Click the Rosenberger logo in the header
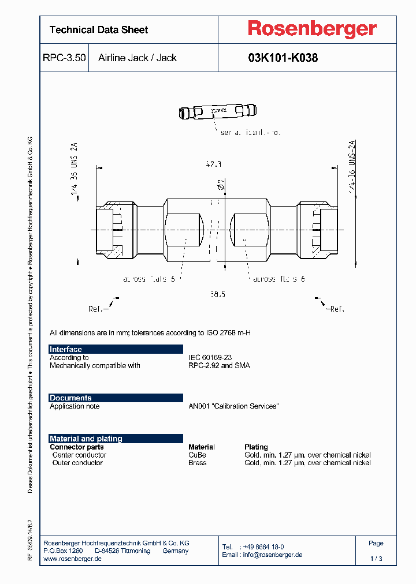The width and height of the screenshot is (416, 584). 312,29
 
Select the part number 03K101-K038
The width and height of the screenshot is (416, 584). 283,58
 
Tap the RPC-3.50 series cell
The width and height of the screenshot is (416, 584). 64,58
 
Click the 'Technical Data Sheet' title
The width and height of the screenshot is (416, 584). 99,30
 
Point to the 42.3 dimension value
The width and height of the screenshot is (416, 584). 213,164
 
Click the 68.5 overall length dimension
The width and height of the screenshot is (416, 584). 217,294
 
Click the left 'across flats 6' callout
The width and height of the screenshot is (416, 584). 148,279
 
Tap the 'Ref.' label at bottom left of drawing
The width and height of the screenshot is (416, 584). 98,309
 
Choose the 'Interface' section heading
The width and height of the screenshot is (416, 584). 66,349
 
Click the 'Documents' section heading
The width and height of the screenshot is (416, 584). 70,398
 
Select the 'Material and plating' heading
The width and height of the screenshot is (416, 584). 86,439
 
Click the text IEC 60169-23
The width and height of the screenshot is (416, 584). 210,358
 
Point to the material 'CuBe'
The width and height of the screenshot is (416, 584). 197,455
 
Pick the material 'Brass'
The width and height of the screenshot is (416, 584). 197,463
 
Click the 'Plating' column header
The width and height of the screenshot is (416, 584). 256,447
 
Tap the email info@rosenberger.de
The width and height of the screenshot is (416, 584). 272,555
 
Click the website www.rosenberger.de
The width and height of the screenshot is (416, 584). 73,559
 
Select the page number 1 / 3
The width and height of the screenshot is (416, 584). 376,559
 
